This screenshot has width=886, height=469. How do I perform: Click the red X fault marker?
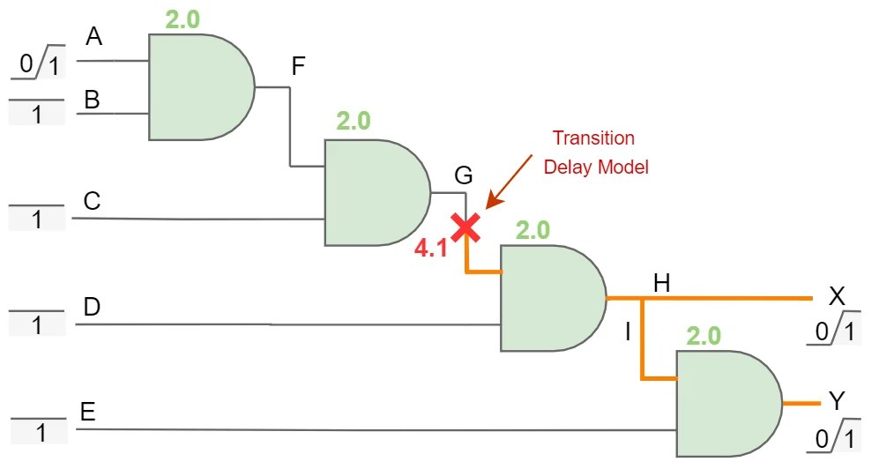click(x=465, y=227)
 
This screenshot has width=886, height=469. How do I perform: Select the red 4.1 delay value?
click(x=432, y=249)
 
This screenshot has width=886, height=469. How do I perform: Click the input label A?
click(x=94, y=37)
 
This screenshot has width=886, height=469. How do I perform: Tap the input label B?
click(x=92, y=100)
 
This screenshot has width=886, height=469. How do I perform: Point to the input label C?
click(x=92, y=202)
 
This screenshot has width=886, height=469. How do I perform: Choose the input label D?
click(x=92, y=307)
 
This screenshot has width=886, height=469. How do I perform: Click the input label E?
click(x=87, y=413)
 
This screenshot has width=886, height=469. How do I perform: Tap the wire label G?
click(x=463, y=175)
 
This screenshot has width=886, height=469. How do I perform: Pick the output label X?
click(x=837, y=296)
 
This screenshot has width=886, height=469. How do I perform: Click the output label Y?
click(x=837, y=402)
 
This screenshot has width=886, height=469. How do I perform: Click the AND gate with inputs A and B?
click(x=199, y=87)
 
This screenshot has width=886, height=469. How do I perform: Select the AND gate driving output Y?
click(x=726, y=403)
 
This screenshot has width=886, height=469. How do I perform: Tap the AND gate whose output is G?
click(x=376, y=193)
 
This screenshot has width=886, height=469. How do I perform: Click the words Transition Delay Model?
click(x=595, y=153)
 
